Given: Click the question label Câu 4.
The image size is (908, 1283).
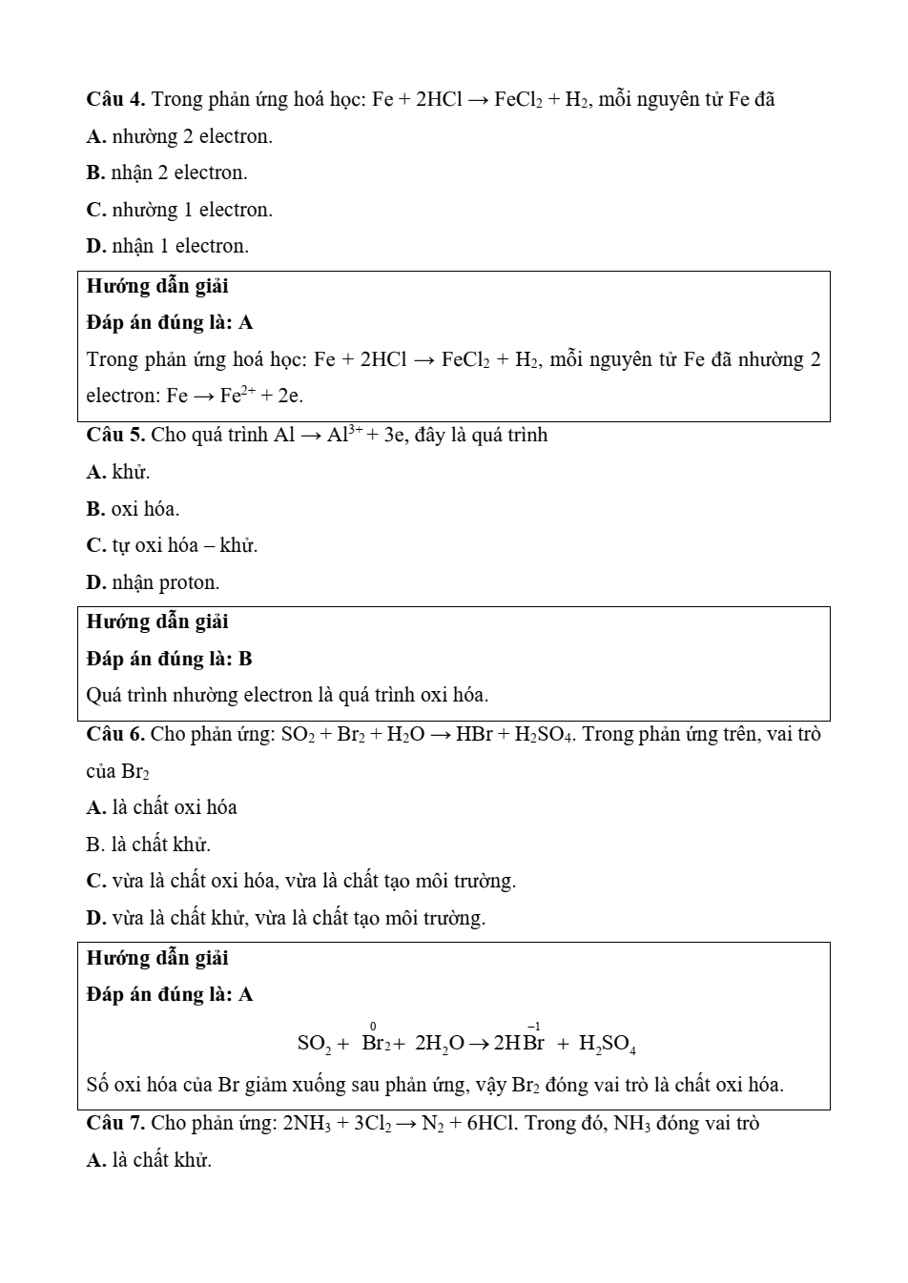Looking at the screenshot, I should (115, 99).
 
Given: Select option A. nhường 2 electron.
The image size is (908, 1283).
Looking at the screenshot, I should (179, 136).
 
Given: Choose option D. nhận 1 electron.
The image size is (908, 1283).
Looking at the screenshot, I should (167, 246).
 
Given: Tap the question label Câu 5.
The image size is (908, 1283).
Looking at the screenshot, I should (115, 436).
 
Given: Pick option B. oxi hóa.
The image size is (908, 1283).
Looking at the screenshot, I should (133, 509).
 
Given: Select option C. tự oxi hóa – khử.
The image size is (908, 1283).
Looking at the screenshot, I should (172, 545).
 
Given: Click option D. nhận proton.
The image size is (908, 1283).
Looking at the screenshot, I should (153, 582).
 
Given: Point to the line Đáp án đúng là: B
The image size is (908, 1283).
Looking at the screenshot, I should (170, 659).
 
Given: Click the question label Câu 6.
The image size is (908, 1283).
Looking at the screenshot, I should (115, 734).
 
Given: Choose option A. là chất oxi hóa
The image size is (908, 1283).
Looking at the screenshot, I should (161, 807).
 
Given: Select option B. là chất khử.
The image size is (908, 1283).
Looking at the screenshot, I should (148, 845).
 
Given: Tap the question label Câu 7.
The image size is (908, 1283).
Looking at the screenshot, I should (115, 1123).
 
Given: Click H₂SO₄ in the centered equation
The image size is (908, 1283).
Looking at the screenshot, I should (608, 1044).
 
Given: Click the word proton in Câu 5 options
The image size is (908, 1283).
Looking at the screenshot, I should (189, 582).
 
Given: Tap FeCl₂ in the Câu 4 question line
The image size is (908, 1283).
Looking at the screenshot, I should (519, 99).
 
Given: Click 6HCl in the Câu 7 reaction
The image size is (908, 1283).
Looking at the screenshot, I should (492, 1123).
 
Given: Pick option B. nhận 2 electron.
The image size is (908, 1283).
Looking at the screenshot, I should (167, 173).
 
